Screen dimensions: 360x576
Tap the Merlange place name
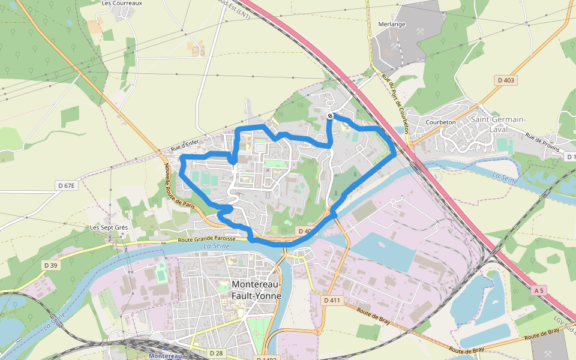[392, 25]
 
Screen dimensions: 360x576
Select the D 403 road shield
[506, 80]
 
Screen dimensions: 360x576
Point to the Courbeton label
[440, 122]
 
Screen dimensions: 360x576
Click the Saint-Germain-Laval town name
[498, 124]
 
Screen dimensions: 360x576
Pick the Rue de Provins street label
[542, 144]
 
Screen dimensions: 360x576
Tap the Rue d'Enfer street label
[184, 145]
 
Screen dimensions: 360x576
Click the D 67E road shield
[67, 186]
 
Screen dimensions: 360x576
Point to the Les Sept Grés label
[109, 228]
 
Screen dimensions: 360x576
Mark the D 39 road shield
[50, 265]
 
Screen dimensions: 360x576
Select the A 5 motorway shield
[539, 290]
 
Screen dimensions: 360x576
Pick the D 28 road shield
[217, 353]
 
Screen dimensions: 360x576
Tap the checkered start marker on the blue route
[330, 115]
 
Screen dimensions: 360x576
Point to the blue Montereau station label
[165, 356]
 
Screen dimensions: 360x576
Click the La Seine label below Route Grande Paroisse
[216, 246]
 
